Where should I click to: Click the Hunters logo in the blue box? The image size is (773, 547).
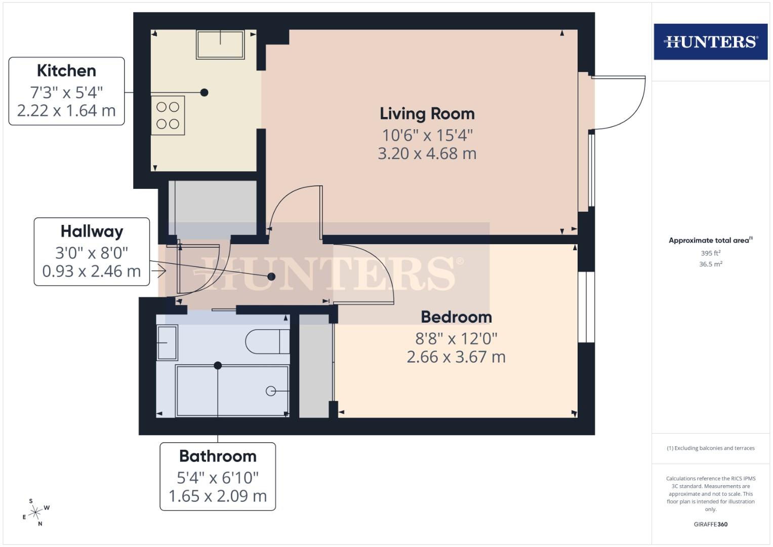[x=710, y=42]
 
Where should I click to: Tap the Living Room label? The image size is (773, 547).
[x=427, y=113]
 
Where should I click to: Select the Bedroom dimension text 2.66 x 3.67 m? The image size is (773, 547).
[x=456, y=357]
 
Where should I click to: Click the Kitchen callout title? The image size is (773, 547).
[x=66, y=70]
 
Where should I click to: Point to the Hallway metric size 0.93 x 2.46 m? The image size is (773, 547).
[x=91, y=271]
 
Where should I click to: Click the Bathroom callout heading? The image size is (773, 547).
[x=218, y=456]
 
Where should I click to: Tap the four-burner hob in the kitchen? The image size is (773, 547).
[x=168, y=115]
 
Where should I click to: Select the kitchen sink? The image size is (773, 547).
[x=220, y=45]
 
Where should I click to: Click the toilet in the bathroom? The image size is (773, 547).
[x=267, y=342]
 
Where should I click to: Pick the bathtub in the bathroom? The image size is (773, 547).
[x=232, y=390]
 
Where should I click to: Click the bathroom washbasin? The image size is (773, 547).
[x=167, y=342]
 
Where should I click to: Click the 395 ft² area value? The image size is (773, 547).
[x=710, y=253]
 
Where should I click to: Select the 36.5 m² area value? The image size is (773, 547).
[x=710, y=264]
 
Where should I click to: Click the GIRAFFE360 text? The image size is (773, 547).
[x=710, y=524]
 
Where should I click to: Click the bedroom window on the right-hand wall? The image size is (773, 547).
[x=586, y=307]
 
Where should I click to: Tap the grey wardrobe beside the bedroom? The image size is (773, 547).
[x=314, y=366]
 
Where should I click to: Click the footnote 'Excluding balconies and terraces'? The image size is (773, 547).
[x=710, y=448]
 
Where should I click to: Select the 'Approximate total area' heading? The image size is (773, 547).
[x=710, y=241]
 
